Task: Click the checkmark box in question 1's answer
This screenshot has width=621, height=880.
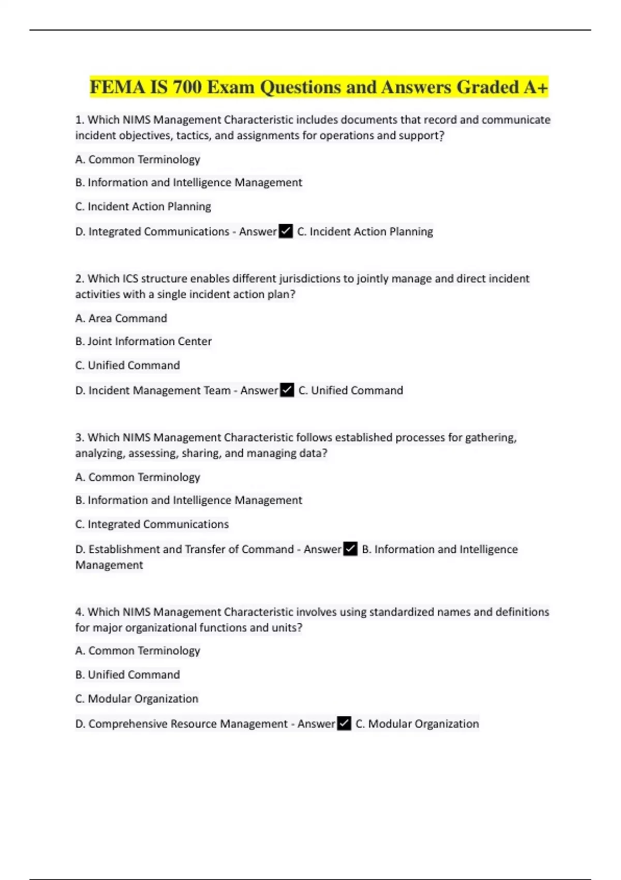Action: click(286, 231)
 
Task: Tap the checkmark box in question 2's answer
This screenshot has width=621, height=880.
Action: click(287, 390)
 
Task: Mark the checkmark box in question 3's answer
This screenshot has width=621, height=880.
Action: click(350, 549)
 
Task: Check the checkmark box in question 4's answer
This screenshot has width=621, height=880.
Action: click(344, 723)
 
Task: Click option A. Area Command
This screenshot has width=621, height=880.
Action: click(121, 318)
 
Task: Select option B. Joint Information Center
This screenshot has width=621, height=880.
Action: click(143, 342)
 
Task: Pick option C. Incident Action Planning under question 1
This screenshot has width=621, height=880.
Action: click(143, 207)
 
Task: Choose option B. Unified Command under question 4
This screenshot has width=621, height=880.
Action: click(127, 675)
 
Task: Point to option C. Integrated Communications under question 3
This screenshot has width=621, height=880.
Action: click(152, 524)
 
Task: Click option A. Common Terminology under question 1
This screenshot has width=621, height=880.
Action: click(138, 159)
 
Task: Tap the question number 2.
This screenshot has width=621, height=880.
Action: click(79, 279)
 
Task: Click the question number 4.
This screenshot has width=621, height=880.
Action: click(79, 612)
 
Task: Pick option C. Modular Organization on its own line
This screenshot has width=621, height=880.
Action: click(137, 699)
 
